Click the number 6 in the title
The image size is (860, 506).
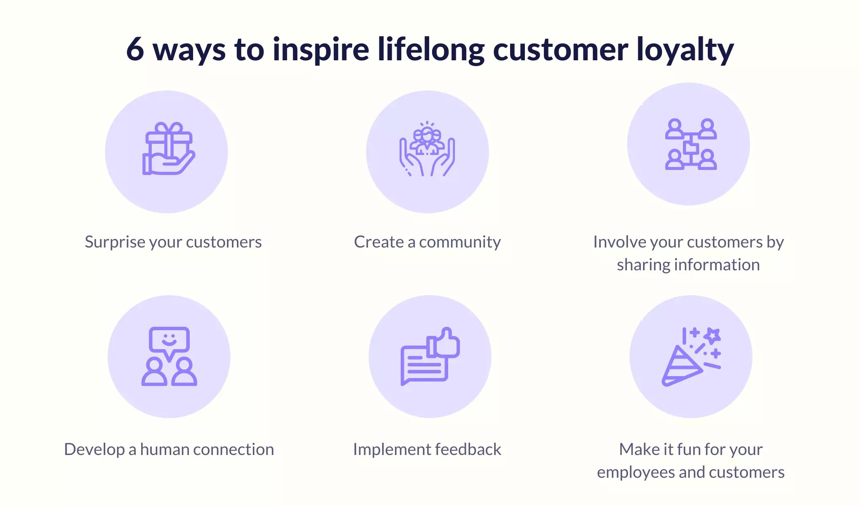135,49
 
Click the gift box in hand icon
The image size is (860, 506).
169,148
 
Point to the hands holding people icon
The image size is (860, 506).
427,149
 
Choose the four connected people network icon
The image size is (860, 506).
691,144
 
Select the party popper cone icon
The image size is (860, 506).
681,366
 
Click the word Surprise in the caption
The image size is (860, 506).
109,242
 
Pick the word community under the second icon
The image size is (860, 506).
460,242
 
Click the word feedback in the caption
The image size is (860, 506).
468,449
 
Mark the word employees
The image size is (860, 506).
636,473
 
